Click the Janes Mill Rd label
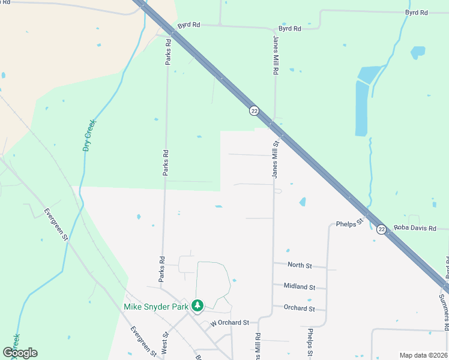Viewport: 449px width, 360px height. click(276, 53)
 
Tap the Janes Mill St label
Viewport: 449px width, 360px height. click(277, 160)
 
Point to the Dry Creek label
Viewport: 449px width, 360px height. click(89, 135)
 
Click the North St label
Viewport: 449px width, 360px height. click(300, 265)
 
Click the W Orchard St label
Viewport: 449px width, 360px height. click(229, 323)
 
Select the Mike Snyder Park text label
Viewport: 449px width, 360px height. click(156, 307)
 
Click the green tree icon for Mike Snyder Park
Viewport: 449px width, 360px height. click(197, 306)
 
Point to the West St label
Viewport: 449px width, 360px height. click(165, 344)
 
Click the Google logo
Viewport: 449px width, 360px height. click(20, 353)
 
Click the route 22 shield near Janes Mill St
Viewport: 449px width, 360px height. click(255, 110)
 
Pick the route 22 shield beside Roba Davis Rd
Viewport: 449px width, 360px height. click(382, 229)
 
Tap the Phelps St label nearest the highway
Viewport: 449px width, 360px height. click(351, 223)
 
